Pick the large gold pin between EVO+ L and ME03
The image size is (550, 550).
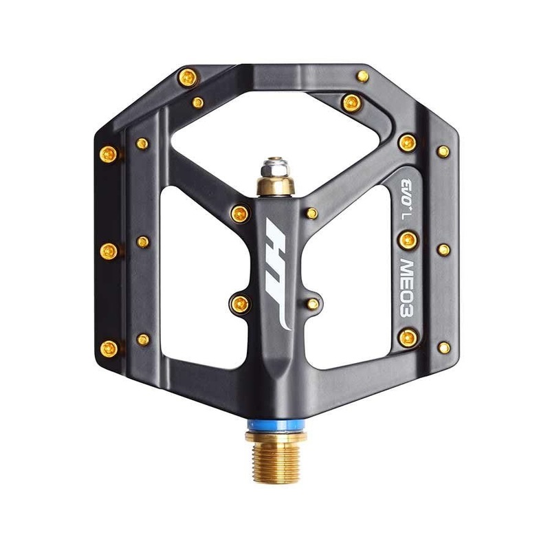(x=407, y=239)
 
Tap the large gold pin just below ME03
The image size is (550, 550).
(x=408, y=336)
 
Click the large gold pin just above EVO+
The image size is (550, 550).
(x=407, y=142)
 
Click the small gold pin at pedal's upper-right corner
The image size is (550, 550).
(x=362, y=76)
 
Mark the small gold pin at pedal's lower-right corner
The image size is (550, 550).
(x=444, y=347)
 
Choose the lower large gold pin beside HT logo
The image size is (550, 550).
(x=241, y=302)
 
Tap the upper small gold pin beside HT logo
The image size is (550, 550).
(x=311, y=213)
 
